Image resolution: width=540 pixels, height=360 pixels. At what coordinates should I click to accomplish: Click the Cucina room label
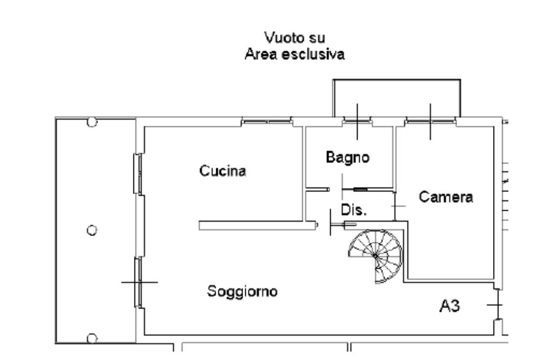[x=223, y=171]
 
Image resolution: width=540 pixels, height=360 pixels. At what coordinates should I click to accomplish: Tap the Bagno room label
[x=348, y=157]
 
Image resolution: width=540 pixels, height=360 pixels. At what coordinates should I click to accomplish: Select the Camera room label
[x=446, y=197]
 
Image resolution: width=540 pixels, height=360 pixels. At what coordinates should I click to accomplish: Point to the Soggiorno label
[x=242, y=291]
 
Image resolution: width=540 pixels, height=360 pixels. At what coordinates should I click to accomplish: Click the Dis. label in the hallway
[x=354, y=210]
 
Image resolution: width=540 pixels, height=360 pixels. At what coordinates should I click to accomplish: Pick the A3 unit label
[x=449, y=306]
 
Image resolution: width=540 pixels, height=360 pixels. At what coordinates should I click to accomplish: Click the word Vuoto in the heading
[x=278, y=37]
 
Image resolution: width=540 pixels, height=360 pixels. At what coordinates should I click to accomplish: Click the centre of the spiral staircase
[x=375, y=256]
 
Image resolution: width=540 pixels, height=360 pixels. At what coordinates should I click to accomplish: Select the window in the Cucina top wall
[x=267, y=121]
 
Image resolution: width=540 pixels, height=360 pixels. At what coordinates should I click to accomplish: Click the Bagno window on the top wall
[x=357, y=121]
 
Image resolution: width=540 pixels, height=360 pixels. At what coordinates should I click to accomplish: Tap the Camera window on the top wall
[x=430, y=121]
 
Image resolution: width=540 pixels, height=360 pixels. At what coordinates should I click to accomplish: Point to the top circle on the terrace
[x=92, y=122]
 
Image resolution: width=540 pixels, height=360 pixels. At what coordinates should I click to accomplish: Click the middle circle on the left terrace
[x=92, y=230]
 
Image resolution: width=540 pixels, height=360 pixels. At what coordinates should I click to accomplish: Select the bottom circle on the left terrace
[x=92, y=338]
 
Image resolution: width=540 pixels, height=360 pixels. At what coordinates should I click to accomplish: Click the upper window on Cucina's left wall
[x=138, y=174]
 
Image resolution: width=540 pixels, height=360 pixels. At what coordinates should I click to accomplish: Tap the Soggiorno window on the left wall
[x=138, y=282]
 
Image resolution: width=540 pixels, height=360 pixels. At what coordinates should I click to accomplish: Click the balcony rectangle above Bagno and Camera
[x=397, y=99]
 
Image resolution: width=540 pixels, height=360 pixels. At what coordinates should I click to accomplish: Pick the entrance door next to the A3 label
[x=498, y=305]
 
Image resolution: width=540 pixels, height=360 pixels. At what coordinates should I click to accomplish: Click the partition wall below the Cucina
[x=257, y=226]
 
